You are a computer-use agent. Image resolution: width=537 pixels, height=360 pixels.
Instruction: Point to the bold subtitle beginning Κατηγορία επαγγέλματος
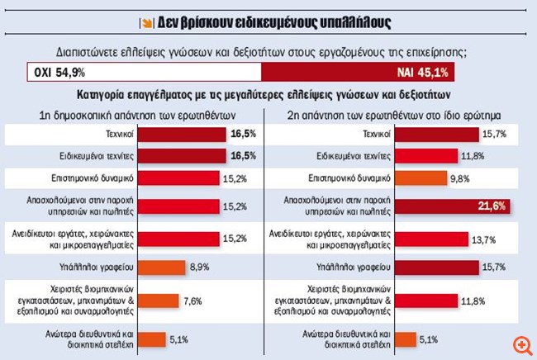268,96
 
